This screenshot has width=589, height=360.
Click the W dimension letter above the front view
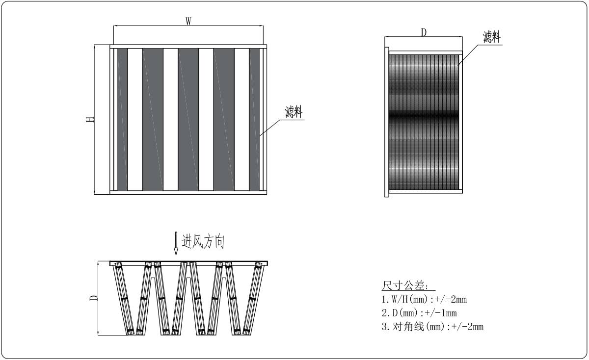188,21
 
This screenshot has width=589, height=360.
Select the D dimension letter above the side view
424,32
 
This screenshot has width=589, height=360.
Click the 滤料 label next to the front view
294,112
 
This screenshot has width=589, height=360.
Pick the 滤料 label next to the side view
492,37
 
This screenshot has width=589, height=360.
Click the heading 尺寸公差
408,286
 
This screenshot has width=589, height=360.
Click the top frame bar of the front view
188,47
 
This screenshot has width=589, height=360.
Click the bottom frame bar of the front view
188,192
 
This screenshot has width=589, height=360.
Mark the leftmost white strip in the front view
135,119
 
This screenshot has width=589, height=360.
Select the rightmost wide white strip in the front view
241,119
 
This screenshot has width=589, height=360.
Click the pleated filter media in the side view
424,123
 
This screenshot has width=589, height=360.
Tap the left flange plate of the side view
386,123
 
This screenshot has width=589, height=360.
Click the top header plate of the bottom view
189,263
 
